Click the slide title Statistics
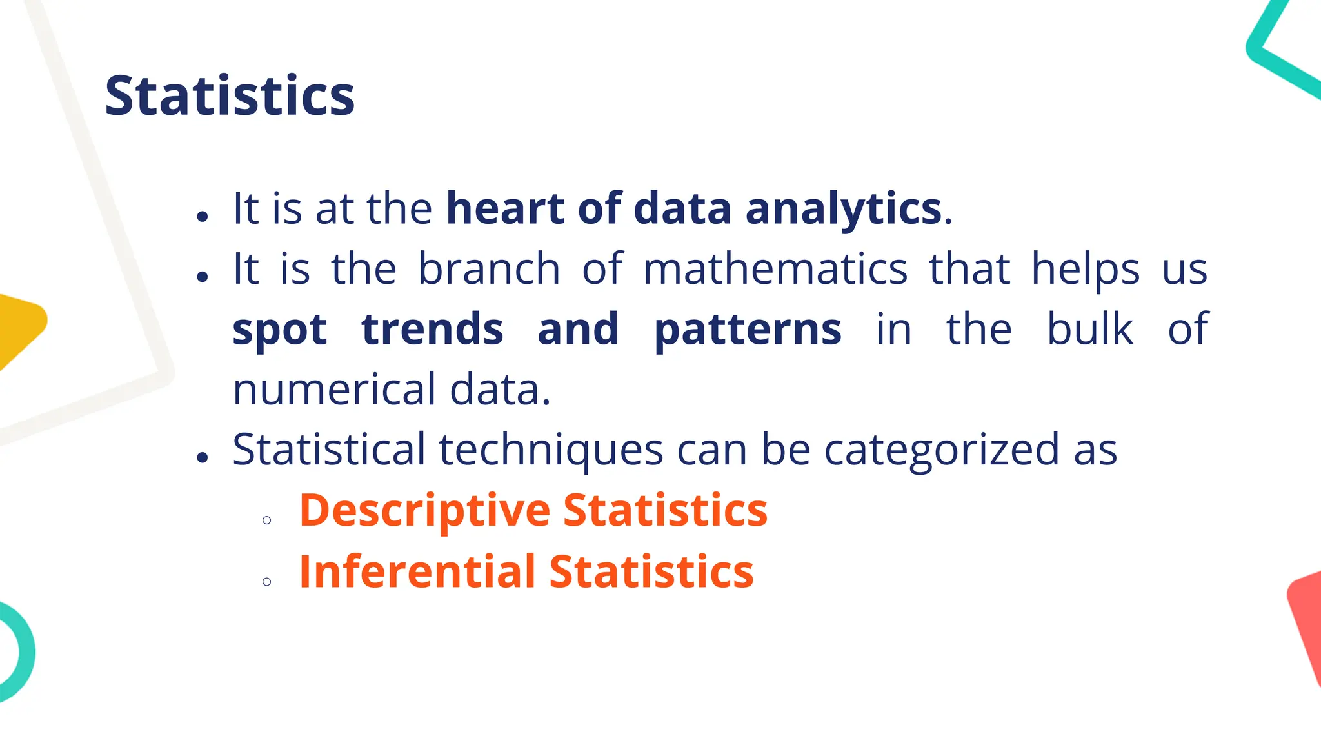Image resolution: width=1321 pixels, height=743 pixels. coord(230,96)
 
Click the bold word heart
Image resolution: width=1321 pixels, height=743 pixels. coord(504,208)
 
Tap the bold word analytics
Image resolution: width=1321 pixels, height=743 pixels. coord(844,208)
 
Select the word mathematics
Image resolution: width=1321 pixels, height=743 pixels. coord(775,269)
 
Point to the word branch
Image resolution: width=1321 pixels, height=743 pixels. coord(489,269)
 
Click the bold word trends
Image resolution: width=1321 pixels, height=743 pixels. coord(432,329)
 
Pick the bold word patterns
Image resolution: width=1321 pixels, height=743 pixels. coord(748,329)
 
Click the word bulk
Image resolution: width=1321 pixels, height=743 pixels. coord(1089,329)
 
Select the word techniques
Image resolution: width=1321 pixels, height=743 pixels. coord(551,450)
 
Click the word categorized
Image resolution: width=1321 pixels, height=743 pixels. coord(942,450)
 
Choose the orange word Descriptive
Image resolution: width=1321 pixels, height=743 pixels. coord(424,510)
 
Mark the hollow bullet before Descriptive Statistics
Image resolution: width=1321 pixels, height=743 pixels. coord(267,520)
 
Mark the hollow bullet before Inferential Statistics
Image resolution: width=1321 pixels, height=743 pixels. coord(267,582)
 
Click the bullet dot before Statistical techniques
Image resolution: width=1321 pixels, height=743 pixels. coord(203,458)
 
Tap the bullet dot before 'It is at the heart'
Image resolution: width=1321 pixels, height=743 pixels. coord(203,217)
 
